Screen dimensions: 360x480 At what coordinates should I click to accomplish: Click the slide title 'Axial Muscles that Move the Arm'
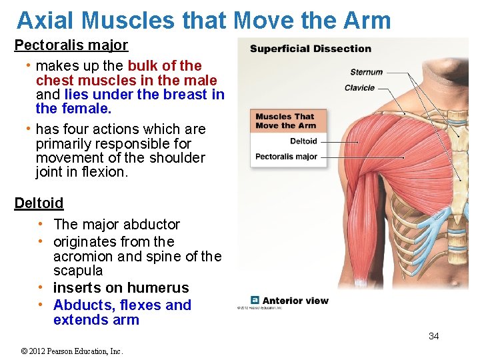point(203,21)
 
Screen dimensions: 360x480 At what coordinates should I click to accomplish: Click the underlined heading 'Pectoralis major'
point(71,46)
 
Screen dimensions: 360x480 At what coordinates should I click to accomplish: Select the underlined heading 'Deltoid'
point(39,203)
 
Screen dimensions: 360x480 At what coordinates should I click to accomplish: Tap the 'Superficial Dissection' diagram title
point(310,49)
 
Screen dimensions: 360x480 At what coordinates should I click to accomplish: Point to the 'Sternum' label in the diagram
point(366,72)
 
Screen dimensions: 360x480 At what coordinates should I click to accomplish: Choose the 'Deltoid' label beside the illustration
point(303,141)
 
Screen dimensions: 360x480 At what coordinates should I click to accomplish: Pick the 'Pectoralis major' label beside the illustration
point(286,157)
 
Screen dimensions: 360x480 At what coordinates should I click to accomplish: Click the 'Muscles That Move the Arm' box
point(285,121)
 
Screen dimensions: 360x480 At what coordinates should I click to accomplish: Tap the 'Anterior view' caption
point(295,301)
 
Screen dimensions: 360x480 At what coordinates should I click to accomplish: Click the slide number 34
point(433,336)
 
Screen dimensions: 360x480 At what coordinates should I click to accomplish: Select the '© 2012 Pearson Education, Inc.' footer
point(72,351)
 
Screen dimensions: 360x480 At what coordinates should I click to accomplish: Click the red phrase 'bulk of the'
point(165,66)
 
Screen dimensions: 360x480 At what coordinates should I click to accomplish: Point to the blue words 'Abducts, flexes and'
point(122,305)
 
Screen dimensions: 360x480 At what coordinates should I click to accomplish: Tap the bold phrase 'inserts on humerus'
point(121,288)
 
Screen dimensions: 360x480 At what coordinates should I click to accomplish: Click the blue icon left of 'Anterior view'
point(255,301)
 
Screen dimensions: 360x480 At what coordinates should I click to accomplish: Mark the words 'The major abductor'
point(117,225)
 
